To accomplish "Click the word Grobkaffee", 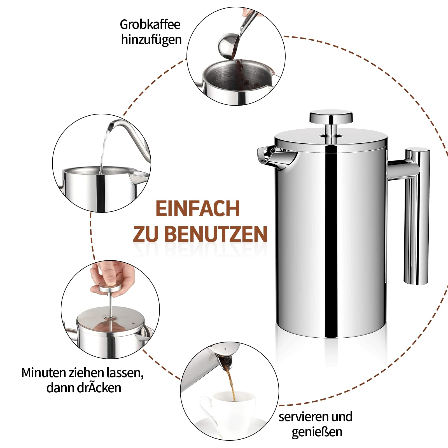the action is [150, 25].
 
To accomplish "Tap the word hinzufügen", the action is [151, 39].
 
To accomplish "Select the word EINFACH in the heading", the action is [197, 208].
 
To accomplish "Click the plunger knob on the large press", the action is [331, 117].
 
